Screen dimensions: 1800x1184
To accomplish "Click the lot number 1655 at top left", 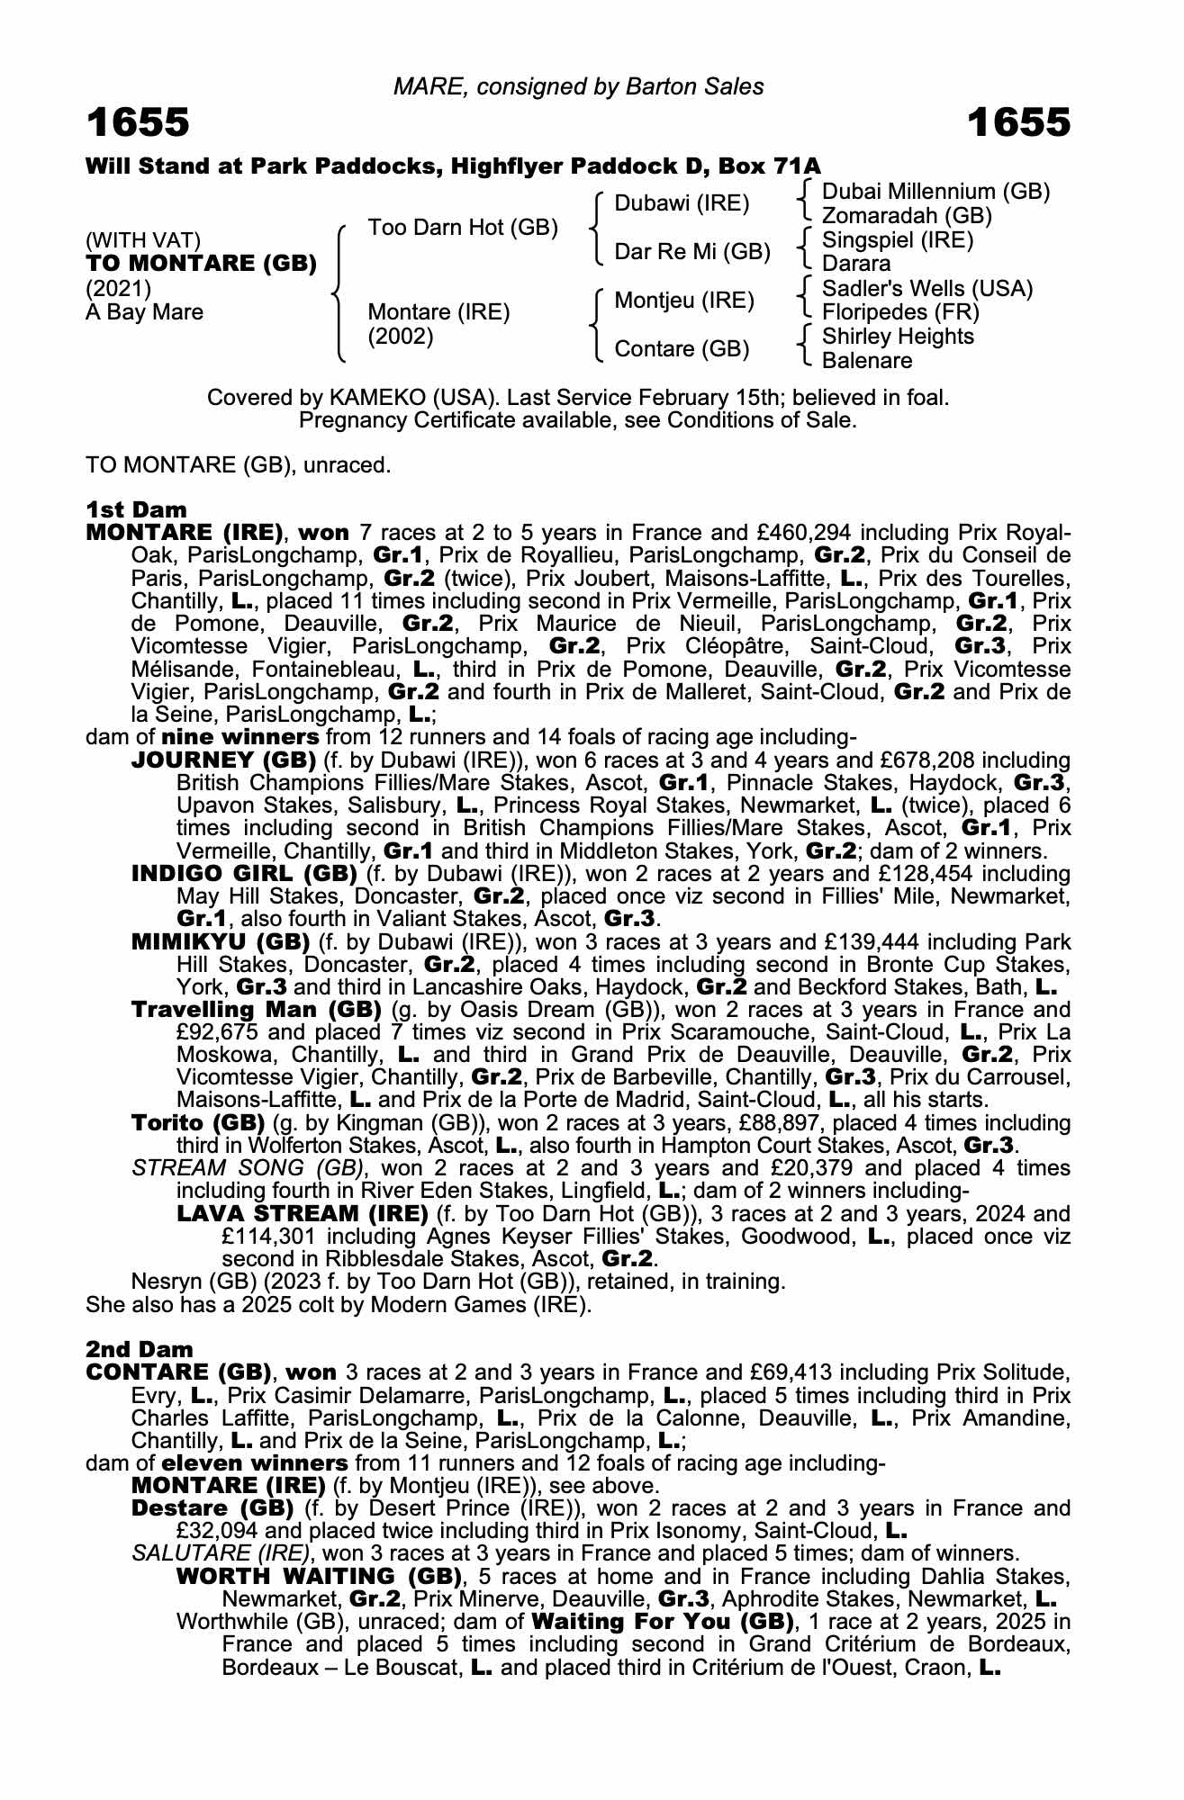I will pyautogui.click(x=138, y=123).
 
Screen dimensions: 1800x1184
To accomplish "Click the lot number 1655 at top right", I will pyautogui.click(x=1019, y=123).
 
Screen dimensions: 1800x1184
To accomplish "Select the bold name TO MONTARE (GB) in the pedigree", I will pyautogui.click(x=201, y=264).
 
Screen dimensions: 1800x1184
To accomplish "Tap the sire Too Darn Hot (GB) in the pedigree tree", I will pyautogui.click(x=463, y=228).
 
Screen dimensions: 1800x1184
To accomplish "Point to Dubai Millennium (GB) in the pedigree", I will pyautogui.click(x=935, y=192).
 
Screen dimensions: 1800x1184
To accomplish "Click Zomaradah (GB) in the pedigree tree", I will pyautogui.click(x=907, y=216).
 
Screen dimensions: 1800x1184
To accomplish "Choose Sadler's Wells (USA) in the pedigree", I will pyautogui.click(x=927, y=289).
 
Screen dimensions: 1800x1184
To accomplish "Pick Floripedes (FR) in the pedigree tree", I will pyautogui.click(x=900, y=312).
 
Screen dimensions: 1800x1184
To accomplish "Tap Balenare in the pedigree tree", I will pyautogui.click(x=867, y=361).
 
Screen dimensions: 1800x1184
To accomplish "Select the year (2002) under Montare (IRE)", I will pyautogui.click(x=401, y=337).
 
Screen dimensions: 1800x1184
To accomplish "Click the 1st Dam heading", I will pyautogui.click(x=136, y=510).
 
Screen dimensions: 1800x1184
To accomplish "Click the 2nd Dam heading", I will pyautogui.click(x=139, y=1349).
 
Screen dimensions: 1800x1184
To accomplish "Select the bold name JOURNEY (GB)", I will pyautogui.click(x=223, y=760).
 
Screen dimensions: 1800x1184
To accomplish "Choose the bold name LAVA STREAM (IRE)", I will pyautogui.click(x=302, y=1213).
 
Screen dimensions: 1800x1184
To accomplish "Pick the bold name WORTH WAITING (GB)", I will pyautogui.click(x=319, y=1576).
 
